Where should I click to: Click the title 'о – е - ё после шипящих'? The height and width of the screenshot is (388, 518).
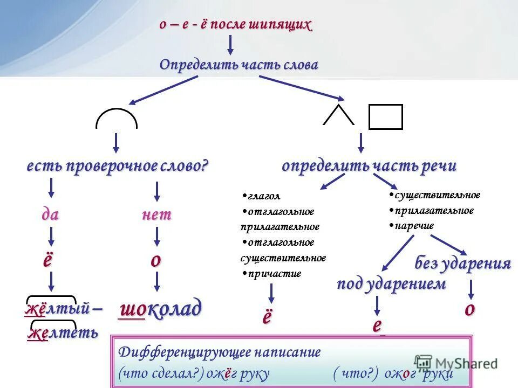(235, 25)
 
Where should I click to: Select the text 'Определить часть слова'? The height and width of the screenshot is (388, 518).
(238, 65)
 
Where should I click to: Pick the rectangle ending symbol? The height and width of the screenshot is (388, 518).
(385, 117)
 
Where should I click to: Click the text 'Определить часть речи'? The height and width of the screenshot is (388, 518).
(369, 167)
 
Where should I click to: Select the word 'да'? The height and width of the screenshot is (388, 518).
(50, 214)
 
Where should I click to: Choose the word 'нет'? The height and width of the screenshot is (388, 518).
(156, 214)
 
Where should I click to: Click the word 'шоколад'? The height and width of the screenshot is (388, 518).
(161, 309)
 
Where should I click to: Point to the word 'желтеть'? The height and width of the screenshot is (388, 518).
(63, 332)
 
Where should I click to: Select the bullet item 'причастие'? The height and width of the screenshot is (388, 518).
(273, 274)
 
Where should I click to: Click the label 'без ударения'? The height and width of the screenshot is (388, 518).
(462, 264)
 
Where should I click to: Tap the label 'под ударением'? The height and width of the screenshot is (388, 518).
(392, 284)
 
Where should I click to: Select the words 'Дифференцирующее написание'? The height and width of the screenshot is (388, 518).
(220, 352)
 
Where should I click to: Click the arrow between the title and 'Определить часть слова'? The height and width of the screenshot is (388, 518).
(230, 44)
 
